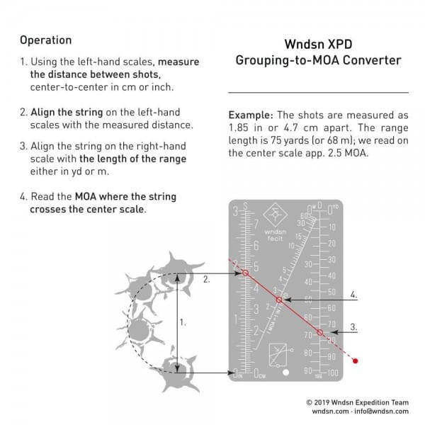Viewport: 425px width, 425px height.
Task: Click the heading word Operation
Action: (45, 40)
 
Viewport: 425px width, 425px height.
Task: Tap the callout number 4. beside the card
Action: (353, 293)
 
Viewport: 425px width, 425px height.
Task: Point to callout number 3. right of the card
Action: (353, 327)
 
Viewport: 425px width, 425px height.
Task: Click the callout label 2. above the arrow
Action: (206, 280)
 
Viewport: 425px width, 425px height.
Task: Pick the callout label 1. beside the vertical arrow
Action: (183, 322)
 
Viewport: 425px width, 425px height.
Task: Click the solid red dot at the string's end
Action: (356, 361)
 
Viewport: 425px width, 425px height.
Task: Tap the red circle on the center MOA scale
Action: (279, 300)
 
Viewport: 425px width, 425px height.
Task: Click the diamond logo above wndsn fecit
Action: (274, 216)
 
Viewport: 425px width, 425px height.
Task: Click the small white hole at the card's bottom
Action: (285, 373)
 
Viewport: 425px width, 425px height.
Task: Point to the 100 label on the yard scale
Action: (332, 373)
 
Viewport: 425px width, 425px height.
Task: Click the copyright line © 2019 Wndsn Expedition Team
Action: (357, 401)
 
